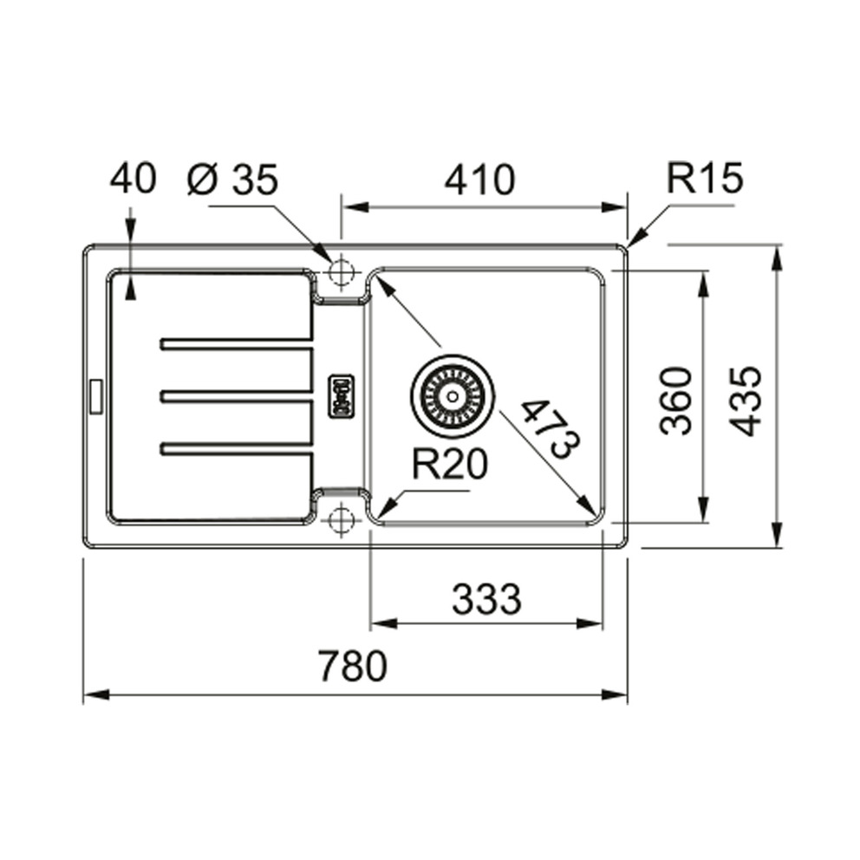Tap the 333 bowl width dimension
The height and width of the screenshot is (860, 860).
point(486,598)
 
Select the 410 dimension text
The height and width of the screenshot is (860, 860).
point(480,179)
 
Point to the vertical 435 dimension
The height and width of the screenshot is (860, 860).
point(747,401)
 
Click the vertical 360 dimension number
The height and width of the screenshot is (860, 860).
point(676,401)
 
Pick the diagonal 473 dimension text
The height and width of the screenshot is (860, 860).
point(551,429)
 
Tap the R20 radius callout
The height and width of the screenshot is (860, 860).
point(450,464)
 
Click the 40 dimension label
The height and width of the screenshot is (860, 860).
point(134,179)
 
